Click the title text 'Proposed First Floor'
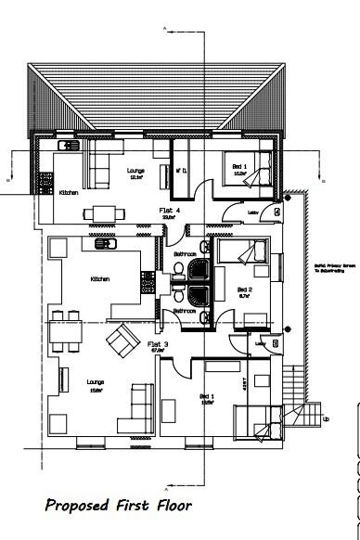pyautogui.click(x=119, y=506)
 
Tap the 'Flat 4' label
pyautogui.click(x=170, y=212)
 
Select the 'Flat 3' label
pyautogui.click(x=160, y=344)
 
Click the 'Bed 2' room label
pyautogui.click(x=244, y=290)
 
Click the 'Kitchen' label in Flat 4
pyautogui.click(x=69, y=193)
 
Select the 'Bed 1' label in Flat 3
pyautogui.click(x=207, y=395)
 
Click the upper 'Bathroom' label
pyautogui.click(x=184, y=253)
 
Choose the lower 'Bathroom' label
pyautogui.click(x=184, y=311)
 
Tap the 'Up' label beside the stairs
pyautogui.click(x=325, y=418)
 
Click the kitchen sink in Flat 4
pyautogui.click(x=68, y=145)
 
